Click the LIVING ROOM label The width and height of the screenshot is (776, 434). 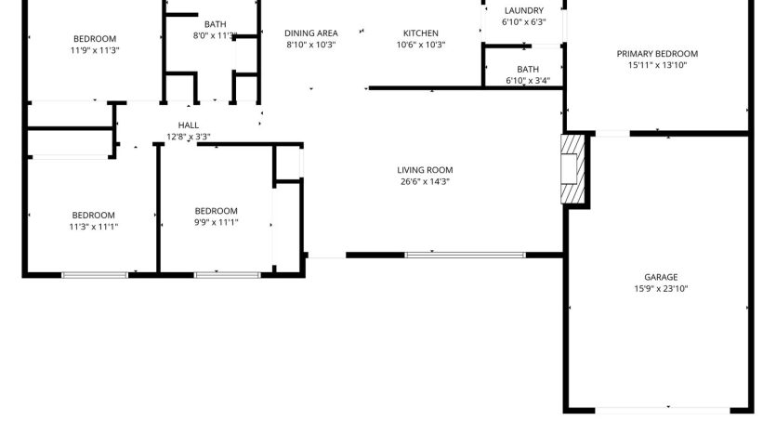click(425, 170)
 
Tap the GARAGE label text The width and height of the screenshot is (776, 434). click(661, 277)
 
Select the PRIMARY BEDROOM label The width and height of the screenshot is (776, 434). click(657, 54)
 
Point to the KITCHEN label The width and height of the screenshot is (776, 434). click(421, 33)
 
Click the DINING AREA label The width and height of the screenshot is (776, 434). click(310, 33)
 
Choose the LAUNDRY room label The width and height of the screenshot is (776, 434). click(523, 10)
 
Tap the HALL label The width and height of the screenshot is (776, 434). click(188, 125)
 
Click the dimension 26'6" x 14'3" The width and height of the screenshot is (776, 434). click(425, 181)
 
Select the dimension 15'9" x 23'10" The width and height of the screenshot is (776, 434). click(661, 288)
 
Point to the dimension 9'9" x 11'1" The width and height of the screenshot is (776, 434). click(216, 222)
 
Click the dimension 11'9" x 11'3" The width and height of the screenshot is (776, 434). click(95, 50)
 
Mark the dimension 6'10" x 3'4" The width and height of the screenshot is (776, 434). click(528, 81)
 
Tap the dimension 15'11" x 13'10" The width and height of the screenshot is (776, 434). click(657, 65)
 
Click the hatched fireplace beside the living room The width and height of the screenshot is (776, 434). click(572, 169)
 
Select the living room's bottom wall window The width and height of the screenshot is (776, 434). click(465, 256)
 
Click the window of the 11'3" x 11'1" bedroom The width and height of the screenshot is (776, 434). click(95, 275)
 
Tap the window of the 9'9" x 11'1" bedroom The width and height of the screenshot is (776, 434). click(227, 275)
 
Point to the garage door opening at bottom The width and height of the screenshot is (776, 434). click(663, 410)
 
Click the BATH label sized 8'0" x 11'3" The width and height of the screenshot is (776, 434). click(216, 24)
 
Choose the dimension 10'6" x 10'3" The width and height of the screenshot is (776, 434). click(421, 45)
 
